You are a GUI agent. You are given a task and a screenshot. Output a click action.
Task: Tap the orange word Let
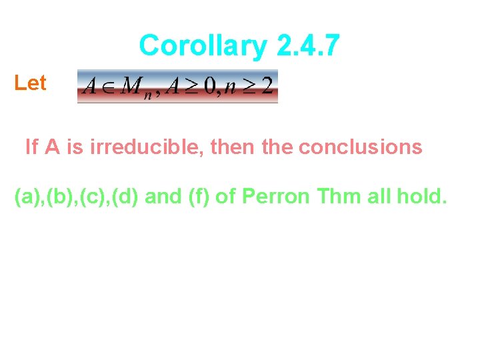pyautogui.click(x=31, y=83)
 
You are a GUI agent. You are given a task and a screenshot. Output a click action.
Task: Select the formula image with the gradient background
pyautogui.click(x=177, y=87)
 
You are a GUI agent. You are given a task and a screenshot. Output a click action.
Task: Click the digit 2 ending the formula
pyautogui.click(x=267, y=87)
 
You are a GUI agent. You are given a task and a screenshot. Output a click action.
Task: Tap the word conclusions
pyautogui.click(x=360, y=146)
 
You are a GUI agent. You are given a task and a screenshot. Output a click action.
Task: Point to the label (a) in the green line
pyautogui.click(x=27, y=197)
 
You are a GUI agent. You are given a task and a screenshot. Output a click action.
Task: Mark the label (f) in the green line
pyautogui.click(x=197, y=197)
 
